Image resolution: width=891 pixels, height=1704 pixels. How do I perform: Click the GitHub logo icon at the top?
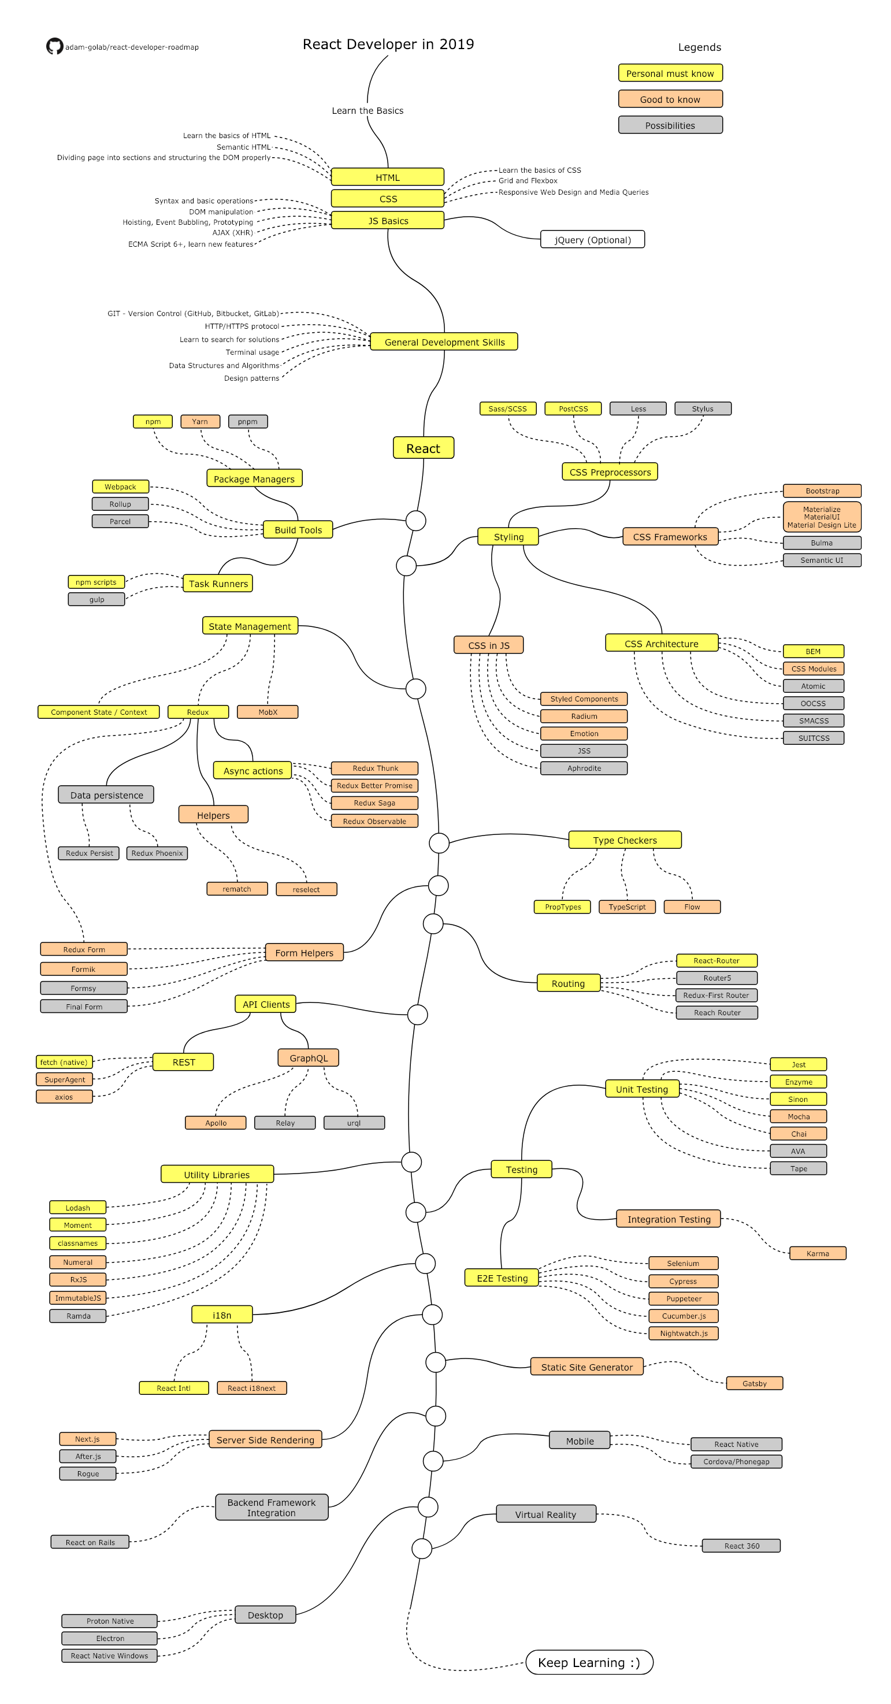tap(54, 46)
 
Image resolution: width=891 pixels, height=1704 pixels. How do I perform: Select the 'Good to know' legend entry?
tap(670, 99)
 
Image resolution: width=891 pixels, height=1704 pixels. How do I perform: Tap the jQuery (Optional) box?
tap(592, 239)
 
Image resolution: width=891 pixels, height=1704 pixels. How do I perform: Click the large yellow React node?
tap(423, 448)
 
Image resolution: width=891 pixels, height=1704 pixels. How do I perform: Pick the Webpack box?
tap(120, 486)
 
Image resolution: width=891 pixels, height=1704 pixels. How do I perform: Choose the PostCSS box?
tap(573, 408)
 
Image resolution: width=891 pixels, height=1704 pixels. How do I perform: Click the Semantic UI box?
tap(821, 559)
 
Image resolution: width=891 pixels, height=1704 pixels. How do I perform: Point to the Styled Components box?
tap(584, 699)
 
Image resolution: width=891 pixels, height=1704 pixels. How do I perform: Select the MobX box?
tap(268, 712)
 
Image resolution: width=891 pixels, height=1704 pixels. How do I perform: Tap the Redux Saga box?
tap(374, 803)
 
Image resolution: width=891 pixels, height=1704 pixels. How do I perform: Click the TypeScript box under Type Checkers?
tap(626, 906)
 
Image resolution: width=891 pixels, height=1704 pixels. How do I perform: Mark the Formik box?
tap(83, 968)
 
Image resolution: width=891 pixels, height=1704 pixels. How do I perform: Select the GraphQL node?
tap(308, 1057)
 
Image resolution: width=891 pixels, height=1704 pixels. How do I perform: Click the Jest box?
tap(798, 1064)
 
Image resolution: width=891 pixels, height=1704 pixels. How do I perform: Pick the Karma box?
tap(817, 1253)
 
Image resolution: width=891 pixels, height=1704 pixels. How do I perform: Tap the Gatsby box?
tap(754, 1383)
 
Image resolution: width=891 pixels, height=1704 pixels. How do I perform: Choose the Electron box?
tap(110, 1638)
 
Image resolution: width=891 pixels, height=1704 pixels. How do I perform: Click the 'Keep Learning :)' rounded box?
tap(589, 1662)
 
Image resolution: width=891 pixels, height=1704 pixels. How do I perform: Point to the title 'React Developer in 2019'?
tap(388, 44)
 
